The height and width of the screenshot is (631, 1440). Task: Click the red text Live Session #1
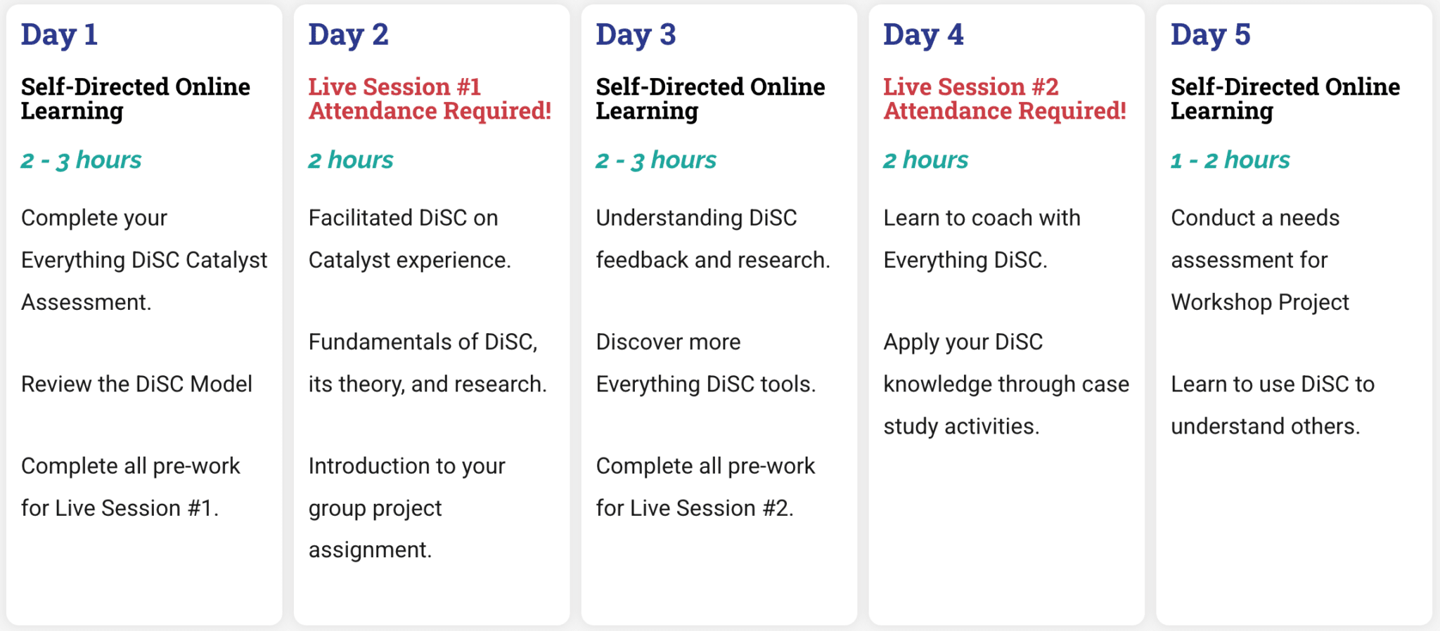[x=394, y=86]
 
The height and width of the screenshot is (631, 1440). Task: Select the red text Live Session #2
[x=971, y=86]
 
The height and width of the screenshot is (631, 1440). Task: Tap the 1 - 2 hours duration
[x=1230, y=160]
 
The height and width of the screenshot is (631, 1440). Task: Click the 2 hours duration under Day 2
[x=351, y=160]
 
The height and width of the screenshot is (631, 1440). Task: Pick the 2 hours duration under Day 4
[x=926, y=160]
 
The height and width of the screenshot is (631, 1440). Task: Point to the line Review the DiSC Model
[x=136, y=384]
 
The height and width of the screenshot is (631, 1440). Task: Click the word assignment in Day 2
[x=370, y=550]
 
